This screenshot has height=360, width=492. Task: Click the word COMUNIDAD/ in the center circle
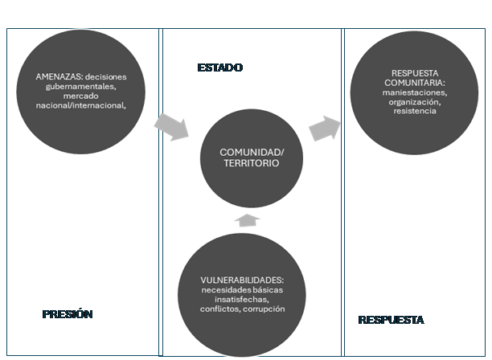click(252, 152)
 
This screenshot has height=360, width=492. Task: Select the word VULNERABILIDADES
click(241, 280)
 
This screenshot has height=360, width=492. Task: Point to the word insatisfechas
click(241, 299)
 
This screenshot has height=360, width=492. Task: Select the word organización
click(412, 102)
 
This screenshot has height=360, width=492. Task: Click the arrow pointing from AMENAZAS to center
click(170, 126)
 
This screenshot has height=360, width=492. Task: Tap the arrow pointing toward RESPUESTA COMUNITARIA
click(324, 128)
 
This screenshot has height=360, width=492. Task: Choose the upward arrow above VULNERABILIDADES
click(248, 220)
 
